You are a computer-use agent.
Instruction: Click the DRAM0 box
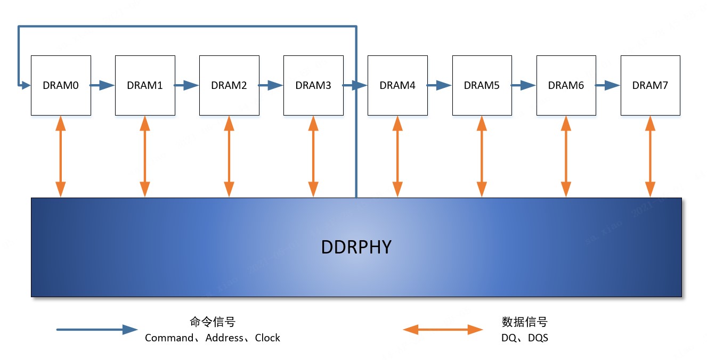point(60,85)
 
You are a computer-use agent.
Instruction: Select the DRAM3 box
point(313,85)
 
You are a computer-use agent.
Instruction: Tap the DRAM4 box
point(397,85)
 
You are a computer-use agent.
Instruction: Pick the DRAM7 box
point(650,85)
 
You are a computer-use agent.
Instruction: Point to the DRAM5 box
point(482,85)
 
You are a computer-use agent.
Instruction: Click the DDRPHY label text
point(356,247)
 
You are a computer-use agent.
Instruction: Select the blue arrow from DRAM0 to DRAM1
point(103,85)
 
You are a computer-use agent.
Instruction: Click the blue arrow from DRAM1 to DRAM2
point(187,85)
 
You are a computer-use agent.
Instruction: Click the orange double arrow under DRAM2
point(229,156)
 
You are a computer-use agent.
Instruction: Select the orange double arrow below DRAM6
point(566,156)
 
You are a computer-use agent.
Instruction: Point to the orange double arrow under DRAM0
point(61,156)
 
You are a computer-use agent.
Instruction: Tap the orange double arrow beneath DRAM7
point(650,156)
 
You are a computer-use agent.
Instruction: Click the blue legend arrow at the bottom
point(97,330)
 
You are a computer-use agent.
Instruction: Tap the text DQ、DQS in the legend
point(524,338)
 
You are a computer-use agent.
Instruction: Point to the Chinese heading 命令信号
point(212,322)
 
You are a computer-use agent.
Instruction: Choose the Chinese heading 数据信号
point(524,322)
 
